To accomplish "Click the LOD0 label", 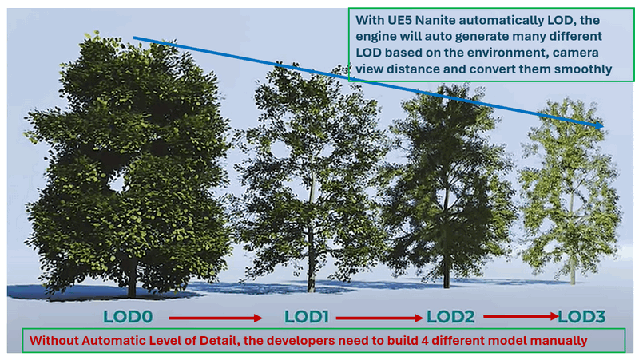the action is [x=128, y=317].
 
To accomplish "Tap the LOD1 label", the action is [x=307, y=317].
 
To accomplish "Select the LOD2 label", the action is [x=450, y=317].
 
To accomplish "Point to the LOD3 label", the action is [x=581, y=317].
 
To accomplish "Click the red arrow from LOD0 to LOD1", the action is [x=216, y=318].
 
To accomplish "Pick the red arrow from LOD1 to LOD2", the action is [x=379, y=318].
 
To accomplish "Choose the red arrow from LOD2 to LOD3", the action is [x=522, y=315].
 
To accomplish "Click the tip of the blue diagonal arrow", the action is [x=604, y=126].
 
